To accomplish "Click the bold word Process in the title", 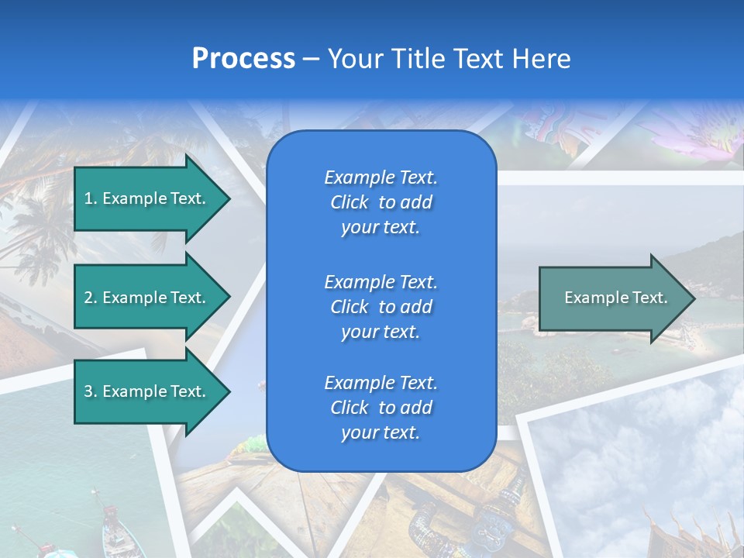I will coord(243,59).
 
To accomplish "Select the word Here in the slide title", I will coord(542,59).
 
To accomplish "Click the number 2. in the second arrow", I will coord(91,298).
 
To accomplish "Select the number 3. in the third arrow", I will coord(91,391).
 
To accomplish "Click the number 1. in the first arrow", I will coord(90,198).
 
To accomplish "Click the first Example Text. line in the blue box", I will coord(381,177).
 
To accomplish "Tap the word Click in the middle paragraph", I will coord(350,307).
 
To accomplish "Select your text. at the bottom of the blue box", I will coord(381,433).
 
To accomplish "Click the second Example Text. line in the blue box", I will coord(381,281).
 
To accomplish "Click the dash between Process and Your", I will coord(311,60).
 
